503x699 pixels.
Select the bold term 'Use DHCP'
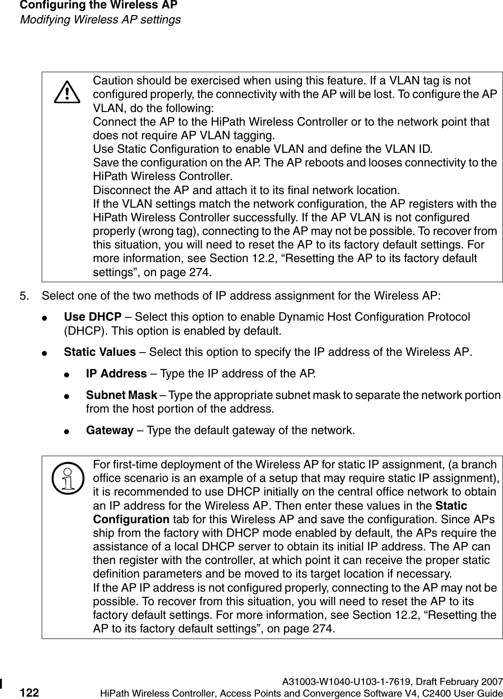(x=92, y=317)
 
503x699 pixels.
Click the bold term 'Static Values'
(x=100, y=352)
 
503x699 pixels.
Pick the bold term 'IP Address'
(x=116, y=374)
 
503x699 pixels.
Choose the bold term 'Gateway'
(x=110, y=430)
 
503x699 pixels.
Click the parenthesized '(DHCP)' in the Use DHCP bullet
(x=81, y=331)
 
